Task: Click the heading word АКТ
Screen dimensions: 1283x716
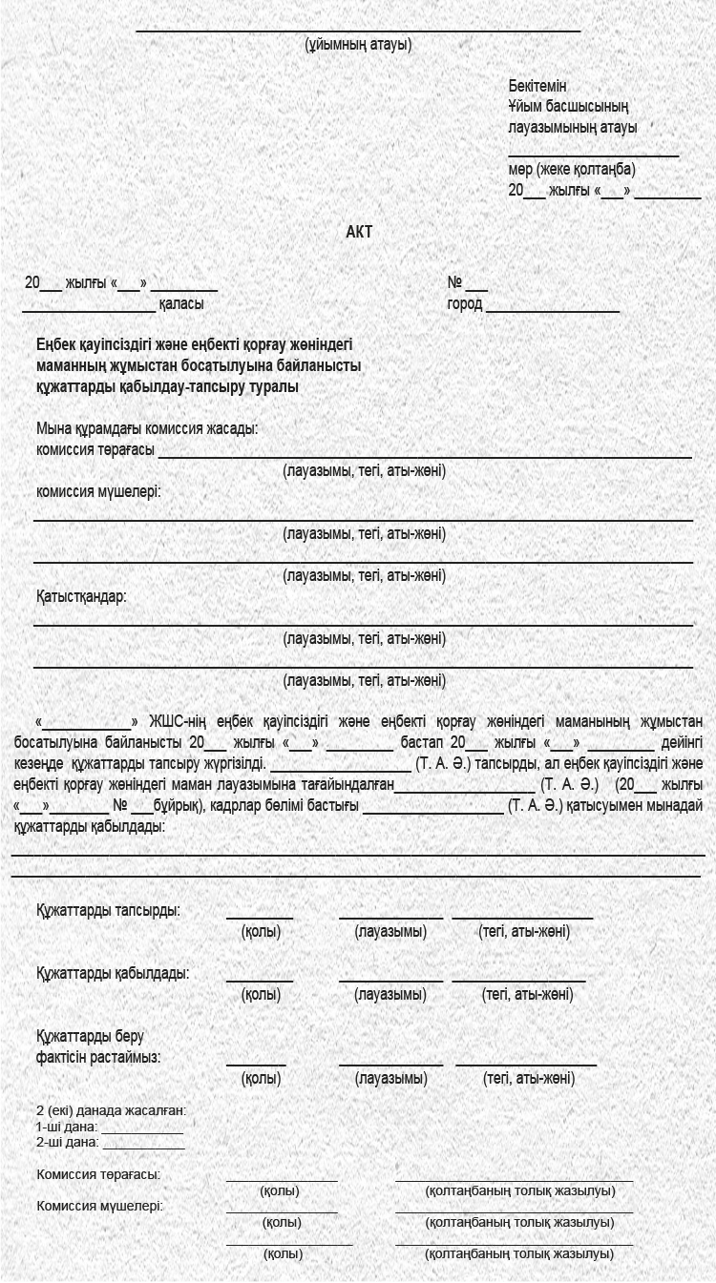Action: (359, 232)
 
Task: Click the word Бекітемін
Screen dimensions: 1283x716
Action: (537, 86)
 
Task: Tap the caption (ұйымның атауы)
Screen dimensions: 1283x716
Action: (358, 44)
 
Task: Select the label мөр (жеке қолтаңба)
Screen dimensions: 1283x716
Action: (572, 170)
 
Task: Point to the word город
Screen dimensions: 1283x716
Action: (465, 304)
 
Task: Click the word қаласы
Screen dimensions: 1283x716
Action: (181, 304)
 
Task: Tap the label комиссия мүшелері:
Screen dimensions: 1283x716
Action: (98, 491)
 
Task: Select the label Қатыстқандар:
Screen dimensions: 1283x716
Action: (81, 596)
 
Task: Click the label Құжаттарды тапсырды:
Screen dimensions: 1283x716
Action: (108, 910)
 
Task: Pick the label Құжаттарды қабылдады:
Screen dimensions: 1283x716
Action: (113, 973)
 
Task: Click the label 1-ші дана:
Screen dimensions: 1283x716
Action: (67, 1127)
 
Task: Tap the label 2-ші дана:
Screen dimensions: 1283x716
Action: (67, 1142)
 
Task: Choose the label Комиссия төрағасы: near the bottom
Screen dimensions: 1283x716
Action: (98, 1174)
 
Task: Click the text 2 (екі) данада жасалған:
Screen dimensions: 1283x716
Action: (111, 1110)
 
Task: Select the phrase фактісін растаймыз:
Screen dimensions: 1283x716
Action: (98, 1057)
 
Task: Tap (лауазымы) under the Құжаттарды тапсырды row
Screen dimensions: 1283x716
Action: (390, 931)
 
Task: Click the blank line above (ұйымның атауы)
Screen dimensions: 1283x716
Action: (358, 30)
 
